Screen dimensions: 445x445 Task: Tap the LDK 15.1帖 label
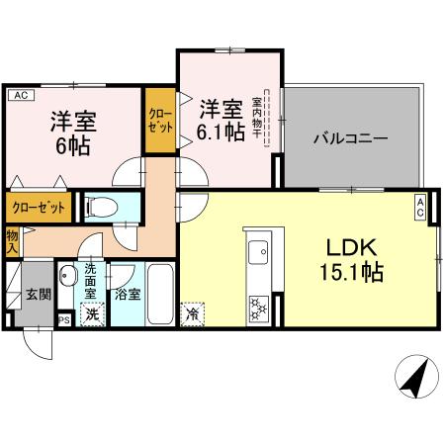click(349, 255)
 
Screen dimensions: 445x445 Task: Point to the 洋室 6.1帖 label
click(220, 118)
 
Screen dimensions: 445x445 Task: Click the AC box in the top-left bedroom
click(19, 95)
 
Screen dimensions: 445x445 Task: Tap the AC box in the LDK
click(419, 207)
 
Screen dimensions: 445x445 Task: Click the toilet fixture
click(100, 207)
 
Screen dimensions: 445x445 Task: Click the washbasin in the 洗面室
click(67, 276)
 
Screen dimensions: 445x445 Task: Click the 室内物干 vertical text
click(255, 117)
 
